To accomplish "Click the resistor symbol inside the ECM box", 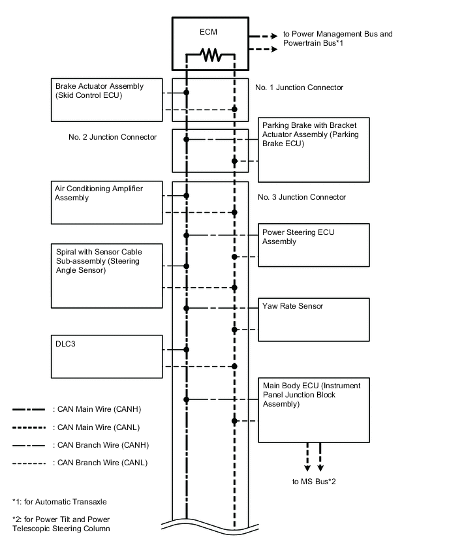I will pos(210,56).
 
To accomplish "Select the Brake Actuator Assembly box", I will pos(106,100).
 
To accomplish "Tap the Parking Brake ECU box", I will pos(314,149).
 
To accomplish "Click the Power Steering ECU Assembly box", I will pos(314,245).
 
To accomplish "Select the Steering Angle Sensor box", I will pos(106,276).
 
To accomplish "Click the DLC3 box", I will pos(106,357).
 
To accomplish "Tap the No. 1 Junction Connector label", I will pos(300,87).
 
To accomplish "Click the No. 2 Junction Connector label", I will pos(112,138).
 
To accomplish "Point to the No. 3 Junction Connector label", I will pos(302,197).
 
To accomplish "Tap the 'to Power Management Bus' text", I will pos(337,34).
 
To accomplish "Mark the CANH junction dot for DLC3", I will pos(187,350).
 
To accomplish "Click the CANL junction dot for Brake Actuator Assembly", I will pos(234,109).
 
